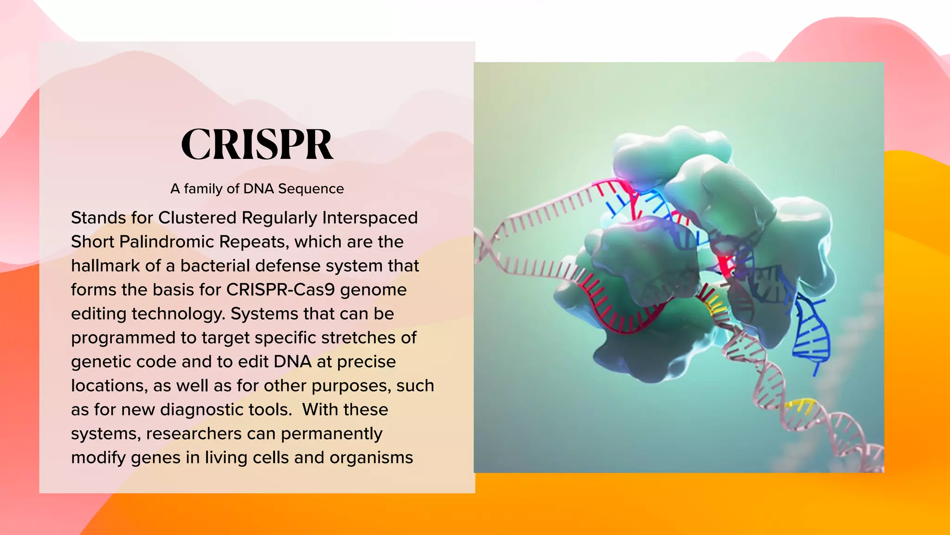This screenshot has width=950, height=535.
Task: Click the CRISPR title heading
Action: coord(257,144)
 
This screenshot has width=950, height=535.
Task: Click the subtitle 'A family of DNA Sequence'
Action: coord(257,189)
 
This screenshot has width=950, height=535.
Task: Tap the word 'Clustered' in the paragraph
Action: coord(198,218)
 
